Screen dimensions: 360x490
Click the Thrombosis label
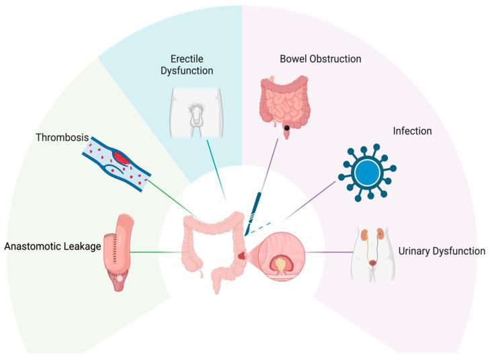[x=62, y=138]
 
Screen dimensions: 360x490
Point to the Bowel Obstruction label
[x=321, y=59]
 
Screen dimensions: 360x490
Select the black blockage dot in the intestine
[x=287, y=128]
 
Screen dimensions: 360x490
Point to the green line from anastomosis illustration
[x=158, y=253]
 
